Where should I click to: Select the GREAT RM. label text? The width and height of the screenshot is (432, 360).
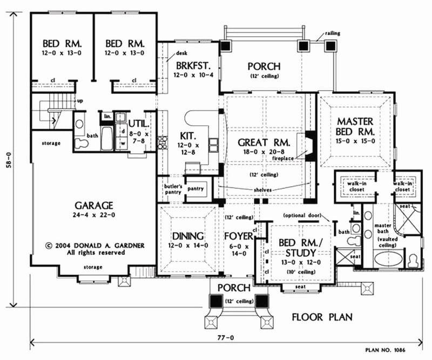coord(264,142)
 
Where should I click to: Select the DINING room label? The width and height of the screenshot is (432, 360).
coord(186,236)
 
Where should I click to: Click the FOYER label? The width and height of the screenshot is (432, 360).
coord(239,236)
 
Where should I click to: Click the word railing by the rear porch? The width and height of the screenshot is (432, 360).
coord(333,33)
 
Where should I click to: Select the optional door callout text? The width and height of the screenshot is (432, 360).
coord(302,215)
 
